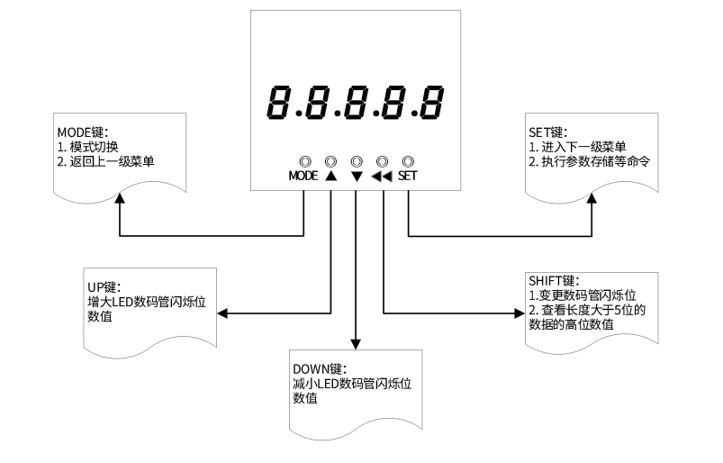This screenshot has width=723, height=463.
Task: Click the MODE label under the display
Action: (303, 177)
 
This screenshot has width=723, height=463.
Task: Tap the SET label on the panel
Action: (407, 177)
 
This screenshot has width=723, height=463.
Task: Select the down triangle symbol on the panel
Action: (357, 177)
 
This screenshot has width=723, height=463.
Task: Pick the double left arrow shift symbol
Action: (382, 177)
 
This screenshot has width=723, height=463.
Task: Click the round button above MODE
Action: (304, 160)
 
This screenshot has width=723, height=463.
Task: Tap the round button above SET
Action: (408, 160)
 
